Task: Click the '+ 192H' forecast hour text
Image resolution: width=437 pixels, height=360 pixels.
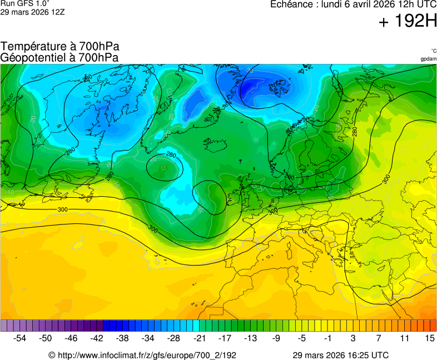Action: click(x=408, y=22)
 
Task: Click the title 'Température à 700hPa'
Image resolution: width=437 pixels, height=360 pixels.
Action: click(x=59, y=47)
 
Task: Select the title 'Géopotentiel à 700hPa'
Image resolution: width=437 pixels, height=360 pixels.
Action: click(x=59, y=57)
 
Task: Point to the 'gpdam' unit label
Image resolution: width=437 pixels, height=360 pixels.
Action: click(x=428, y=59)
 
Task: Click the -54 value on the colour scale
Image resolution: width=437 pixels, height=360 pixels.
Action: click(x=20, y=338)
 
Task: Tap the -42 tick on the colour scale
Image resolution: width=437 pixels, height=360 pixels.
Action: click(x=97, y=338)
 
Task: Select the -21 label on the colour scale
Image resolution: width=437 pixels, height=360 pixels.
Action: click(x=199, y=338)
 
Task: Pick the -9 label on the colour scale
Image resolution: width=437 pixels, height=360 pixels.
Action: click(x=276, y=338)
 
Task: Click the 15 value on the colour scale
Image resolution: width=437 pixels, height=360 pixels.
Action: click(x=429, y=338)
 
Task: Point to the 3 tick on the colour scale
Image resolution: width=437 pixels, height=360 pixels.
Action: click(x=352, y=338)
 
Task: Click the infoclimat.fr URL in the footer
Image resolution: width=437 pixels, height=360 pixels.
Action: click(x=143, y=355)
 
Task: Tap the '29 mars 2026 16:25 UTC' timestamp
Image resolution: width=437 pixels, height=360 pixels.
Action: click(x=341, y=355)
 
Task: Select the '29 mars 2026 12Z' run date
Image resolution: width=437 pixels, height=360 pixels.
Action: click(x=32, y=12)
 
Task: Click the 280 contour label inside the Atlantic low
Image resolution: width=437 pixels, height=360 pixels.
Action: click(x=171, y=155)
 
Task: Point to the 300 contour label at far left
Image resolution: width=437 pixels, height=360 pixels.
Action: click(x=63, y=209)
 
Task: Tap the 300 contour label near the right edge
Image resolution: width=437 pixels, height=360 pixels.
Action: click(x=386, y=179)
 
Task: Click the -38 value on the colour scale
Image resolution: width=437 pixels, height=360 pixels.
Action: click(x=122, y=338)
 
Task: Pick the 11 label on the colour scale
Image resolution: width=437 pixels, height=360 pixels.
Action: click(x=404, y=338)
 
